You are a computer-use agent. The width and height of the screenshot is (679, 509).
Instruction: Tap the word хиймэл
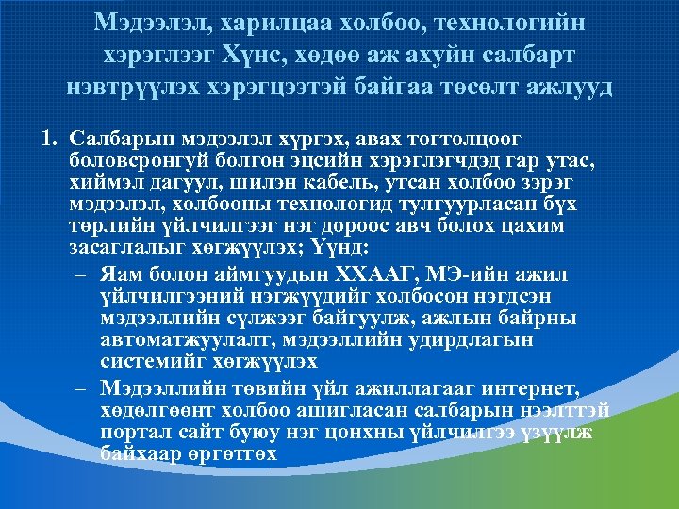99,184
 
